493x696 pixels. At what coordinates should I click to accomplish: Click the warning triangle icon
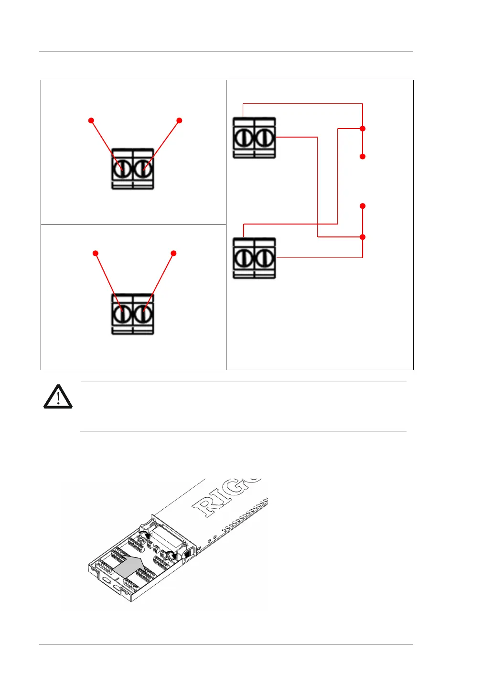pos(58,397)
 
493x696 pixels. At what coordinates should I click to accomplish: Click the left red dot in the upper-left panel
pos(91,121)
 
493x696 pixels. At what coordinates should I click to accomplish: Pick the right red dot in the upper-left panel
pos(180,121)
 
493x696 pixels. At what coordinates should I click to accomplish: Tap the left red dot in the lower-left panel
pos(96,253)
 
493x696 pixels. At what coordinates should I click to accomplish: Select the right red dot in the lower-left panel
pos(174,253)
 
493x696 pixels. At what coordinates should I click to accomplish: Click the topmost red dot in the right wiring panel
pos(363,128)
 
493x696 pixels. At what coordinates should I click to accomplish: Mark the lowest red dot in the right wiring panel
pos(363,237)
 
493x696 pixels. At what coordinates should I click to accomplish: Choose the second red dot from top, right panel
pos(363,157)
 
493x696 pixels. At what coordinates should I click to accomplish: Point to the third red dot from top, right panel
pos(363,206)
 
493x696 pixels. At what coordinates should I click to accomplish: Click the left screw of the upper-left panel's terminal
pos(123,169)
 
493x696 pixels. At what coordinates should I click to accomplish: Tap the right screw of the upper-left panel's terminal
pos(143,169)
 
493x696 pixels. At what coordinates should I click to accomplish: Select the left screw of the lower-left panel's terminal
pos(123,314)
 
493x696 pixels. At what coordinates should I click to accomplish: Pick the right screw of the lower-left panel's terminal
pos(143,314)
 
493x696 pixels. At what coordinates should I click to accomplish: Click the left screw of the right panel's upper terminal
pos(244,138)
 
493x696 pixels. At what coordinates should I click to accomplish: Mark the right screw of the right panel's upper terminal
pos(264,138)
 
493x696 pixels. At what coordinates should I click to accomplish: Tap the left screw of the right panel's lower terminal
pos(244,258)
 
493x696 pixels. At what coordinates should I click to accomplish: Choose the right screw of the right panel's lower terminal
pos(264,258)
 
